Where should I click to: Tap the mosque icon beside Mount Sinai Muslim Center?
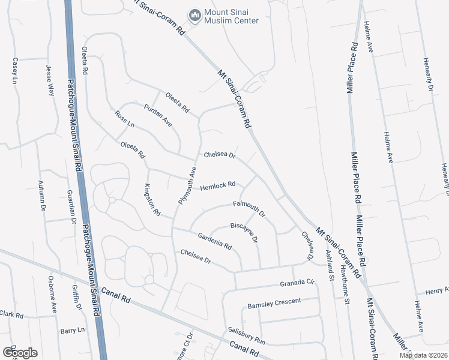coord(194,14)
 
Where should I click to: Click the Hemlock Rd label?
coord(217,185)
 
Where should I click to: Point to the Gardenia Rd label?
coord(215,241)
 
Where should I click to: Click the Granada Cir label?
coord(297,282)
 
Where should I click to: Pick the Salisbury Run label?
coord(246,335)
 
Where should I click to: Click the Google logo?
coord(20,352)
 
